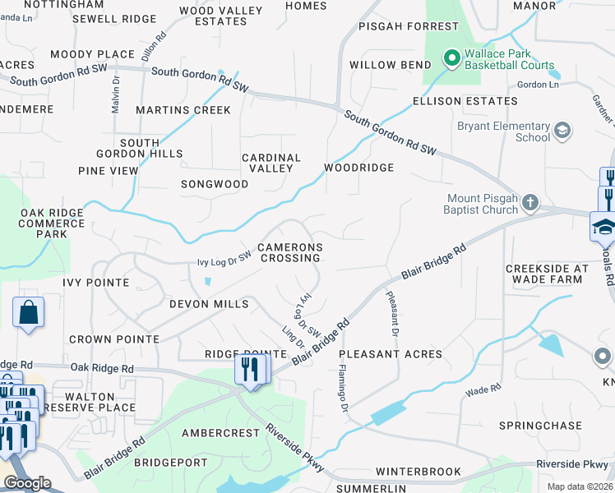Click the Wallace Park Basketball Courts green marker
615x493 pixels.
point(451,58)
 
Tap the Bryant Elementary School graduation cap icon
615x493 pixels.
point(562,131)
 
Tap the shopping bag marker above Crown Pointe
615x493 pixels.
point(28,312)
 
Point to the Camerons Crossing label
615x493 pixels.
point(289,252)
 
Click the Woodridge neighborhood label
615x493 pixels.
point(358,168)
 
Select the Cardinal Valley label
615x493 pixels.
point(271,163)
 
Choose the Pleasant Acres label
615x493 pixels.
point(391,354)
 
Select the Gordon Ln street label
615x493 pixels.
point(539,85)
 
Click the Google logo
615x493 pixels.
point(27,483)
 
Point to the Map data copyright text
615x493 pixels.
point(580,486)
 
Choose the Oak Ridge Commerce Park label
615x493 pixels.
point(52,223)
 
